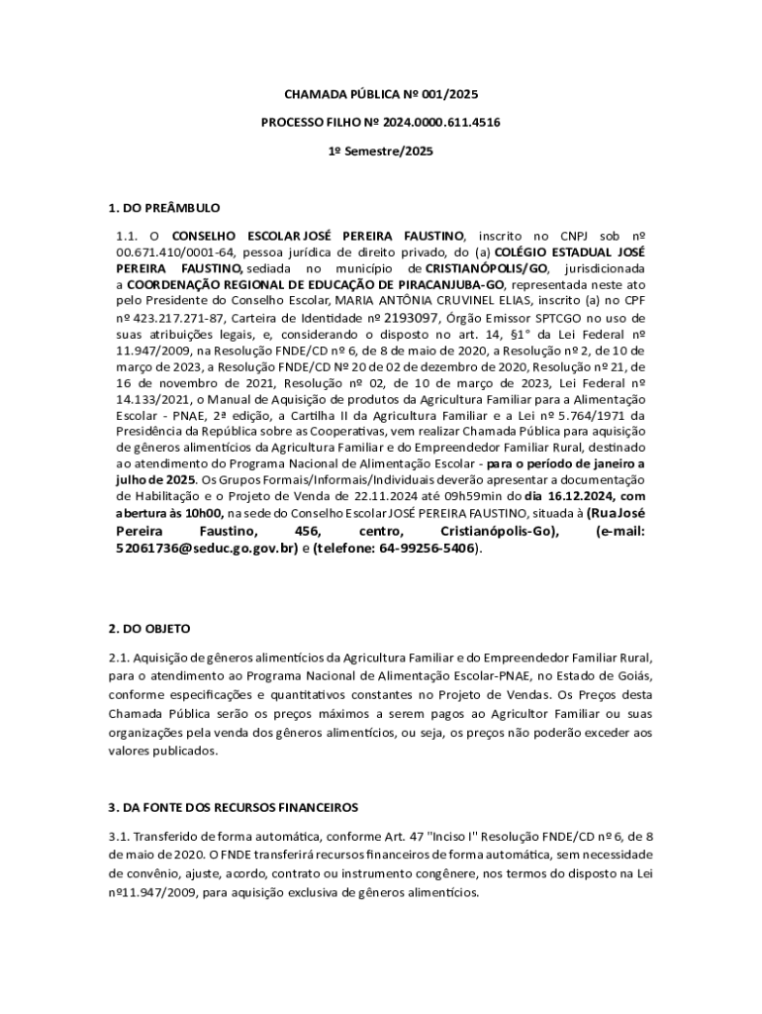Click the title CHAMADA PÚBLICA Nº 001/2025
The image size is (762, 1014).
point(381,95)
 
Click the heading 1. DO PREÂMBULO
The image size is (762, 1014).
point(163,208)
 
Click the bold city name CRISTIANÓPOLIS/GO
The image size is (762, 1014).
point(487,268)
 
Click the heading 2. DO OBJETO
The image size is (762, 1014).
point(148,629)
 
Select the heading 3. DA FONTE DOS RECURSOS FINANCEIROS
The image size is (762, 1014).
point(233,807)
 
